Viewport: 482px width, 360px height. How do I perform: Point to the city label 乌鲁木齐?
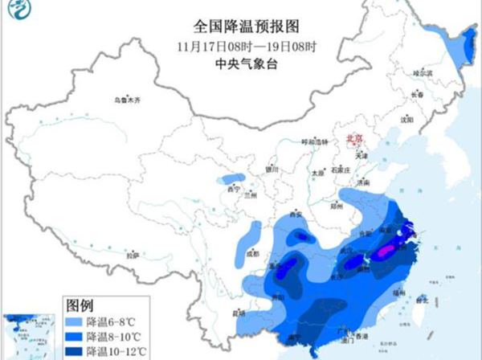point(126,100)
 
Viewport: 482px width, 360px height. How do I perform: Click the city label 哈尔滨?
point(423,73)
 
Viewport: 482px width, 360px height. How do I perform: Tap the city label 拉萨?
point(130,255)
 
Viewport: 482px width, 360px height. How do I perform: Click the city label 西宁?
point(234,190)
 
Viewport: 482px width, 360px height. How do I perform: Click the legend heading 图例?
point(80,305)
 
